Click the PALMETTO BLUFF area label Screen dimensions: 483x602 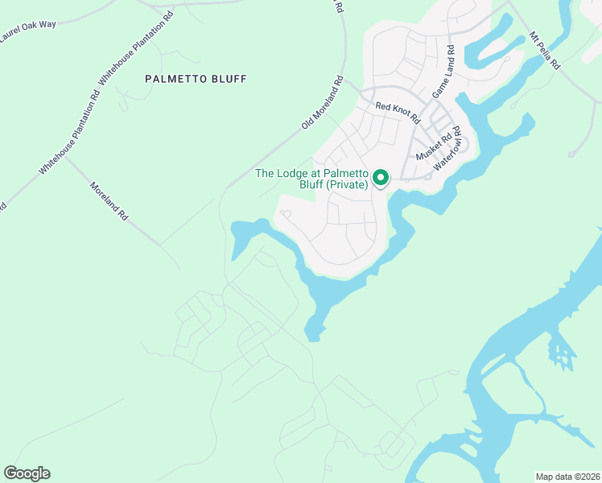pyautogui.click(x=196, y=79)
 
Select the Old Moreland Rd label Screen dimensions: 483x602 pyautogui.click(x=323, y=103)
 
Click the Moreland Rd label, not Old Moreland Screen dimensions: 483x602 pyautogui.click(x=109, y=201)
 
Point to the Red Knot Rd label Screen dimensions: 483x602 pyautogui.click(x=398, y=111)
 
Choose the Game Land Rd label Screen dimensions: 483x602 pyautogui.click(x=443, y=72)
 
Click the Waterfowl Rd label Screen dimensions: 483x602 pyautogui.click(x=447, y=147)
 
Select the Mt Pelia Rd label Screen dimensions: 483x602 pyautogui.click(x=544, y=50)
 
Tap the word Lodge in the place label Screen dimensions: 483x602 pyautogui.click(x=297, y=173)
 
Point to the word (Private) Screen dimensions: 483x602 pyautogui.click(x=348, y=184)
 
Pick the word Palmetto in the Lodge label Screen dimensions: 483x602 pyautogui.click(x=345, y=173)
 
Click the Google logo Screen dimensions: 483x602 pyautogui.click(x=27, y=473)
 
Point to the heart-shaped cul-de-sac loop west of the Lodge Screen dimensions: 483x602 pyautogui.click(x=284, y=214)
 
